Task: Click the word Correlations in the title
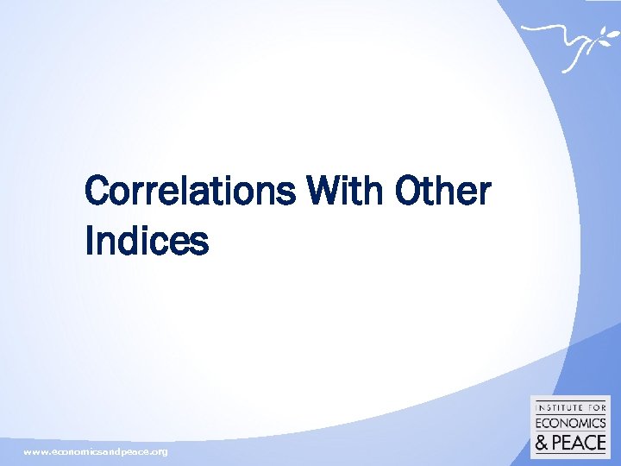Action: click(x=190, y=192)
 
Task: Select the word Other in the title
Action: click(x=442, y=192)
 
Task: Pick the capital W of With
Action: click(x=321, y=192)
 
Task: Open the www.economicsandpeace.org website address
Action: click(x=96, y=452)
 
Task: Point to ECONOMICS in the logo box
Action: click(x=570, y=422)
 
